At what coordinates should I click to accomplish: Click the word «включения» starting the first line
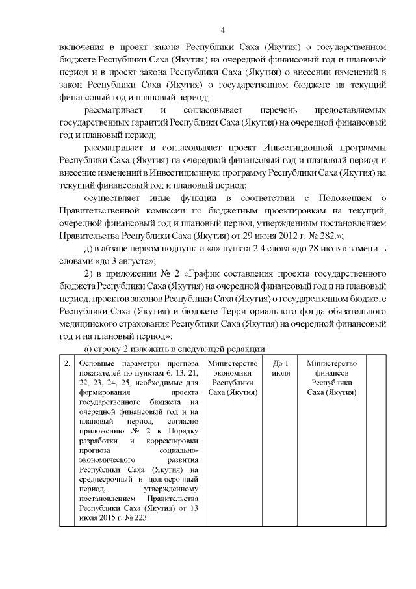[x=79, y=48]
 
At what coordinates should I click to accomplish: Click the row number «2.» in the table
[x=67, y=363]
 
